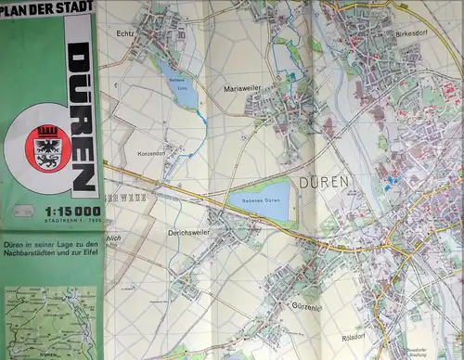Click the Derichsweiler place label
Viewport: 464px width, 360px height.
coord(188,233)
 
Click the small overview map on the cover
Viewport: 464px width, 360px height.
coord(51,320)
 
